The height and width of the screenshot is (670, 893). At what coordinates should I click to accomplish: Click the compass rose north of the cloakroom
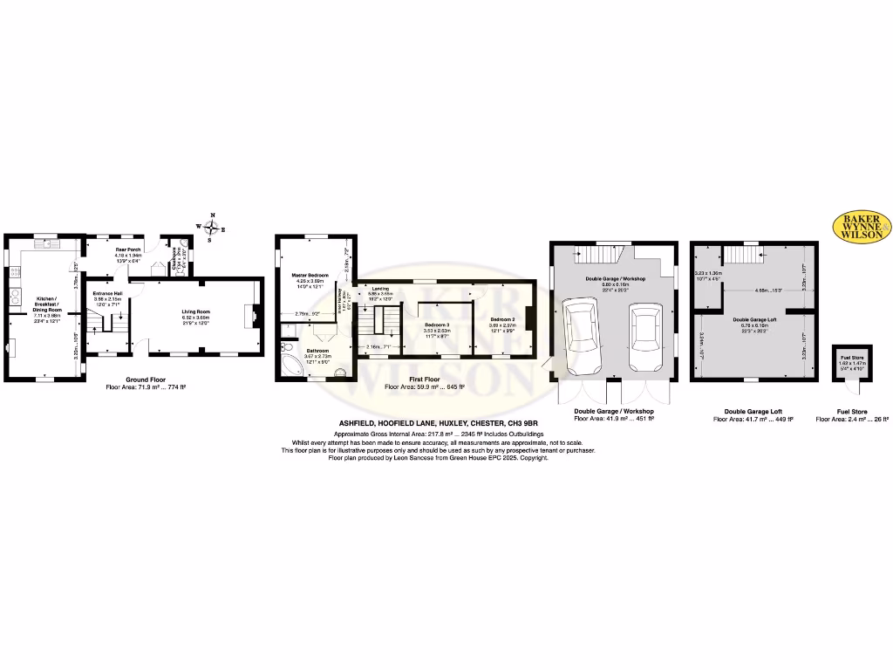coord(211,226)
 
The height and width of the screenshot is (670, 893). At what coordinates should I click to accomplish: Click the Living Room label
coord(198,310)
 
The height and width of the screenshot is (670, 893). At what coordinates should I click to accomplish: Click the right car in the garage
coord(644,333)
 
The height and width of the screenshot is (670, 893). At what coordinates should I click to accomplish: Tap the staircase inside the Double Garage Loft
coord(744,257)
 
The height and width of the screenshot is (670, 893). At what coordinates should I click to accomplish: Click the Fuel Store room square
coord(847,361)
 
